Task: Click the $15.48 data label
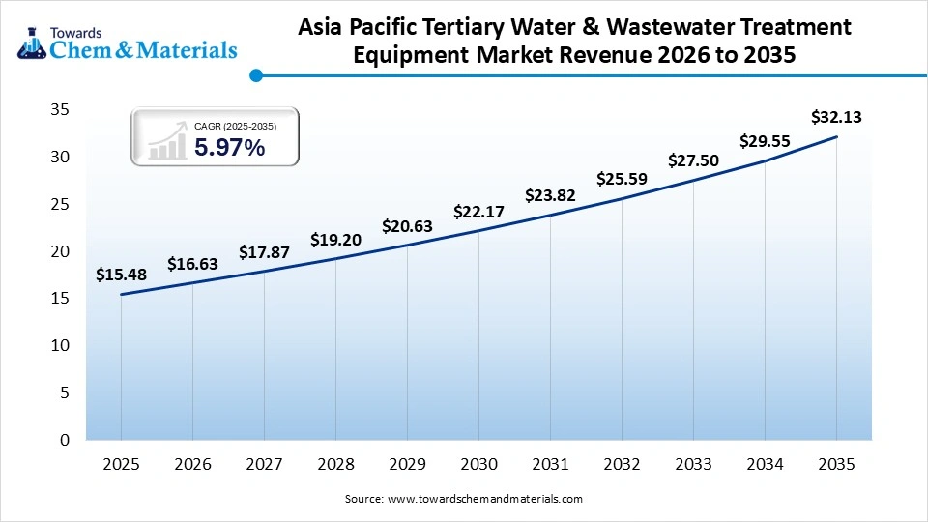click(121, 275)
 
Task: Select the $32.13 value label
click(836, 118)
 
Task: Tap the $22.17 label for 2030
click(478, 212)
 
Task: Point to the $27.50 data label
click(693, 160)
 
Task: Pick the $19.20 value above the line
click(335, 240)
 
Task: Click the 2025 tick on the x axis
click(121, 465)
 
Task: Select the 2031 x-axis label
click(550, 465)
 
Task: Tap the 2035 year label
click(836, 465)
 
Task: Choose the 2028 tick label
click(335, 465)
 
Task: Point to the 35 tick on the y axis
click(59, 110)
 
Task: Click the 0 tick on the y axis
click(64, 440)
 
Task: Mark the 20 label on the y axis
click(59, 251)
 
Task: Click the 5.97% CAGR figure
click(229, 148)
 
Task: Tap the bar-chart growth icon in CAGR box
click(166, 141)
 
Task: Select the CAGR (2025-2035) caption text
click(235, 127)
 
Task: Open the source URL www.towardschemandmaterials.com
click(484, 500)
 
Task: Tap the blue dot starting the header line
click(255, 74)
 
